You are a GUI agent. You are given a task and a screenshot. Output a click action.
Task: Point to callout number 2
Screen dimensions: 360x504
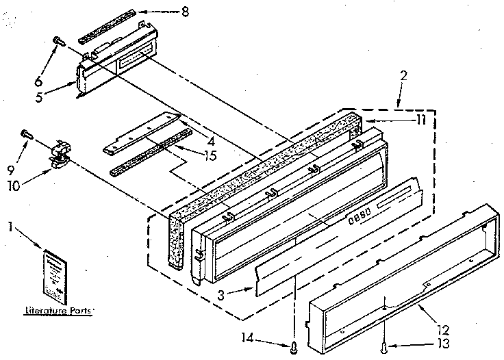(x=403, y=77)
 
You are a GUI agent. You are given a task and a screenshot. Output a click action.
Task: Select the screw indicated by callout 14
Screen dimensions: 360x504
(x=294, y=345)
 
